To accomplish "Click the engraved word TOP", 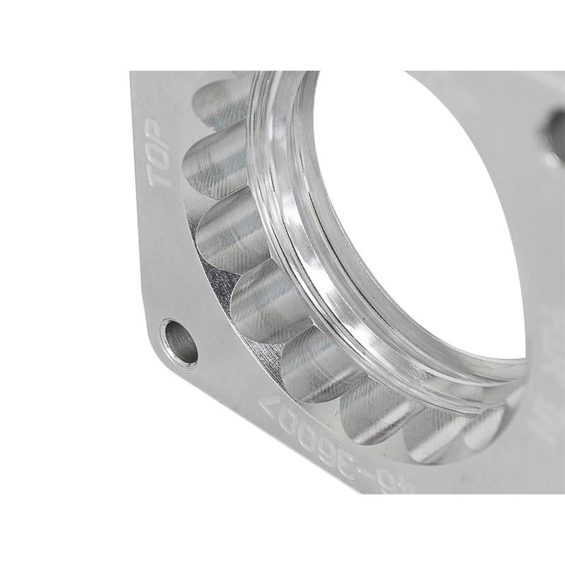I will pos(163,157).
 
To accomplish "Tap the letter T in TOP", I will pos(160,177).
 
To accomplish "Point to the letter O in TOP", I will pos(163,157).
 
